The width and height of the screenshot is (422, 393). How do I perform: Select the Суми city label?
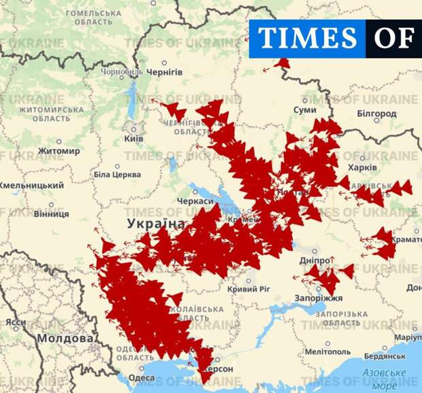click(x=304, y=109)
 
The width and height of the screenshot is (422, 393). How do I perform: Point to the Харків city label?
click(x=362, y=167)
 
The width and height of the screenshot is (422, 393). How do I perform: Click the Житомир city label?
click(x=59, y=151)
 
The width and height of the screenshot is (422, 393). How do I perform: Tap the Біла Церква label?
click(x=116, y=175)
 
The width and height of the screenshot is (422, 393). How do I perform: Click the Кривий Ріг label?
click(x=248, y=289)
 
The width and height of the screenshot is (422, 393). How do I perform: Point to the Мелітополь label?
click(x=328, y=352)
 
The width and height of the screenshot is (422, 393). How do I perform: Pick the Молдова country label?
click(x=65, y=338)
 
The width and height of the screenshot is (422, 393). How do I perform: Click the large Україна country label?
click(x=156, y=224)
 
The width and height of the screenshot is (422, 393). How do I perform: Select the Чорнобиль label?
click(x=122, y=71)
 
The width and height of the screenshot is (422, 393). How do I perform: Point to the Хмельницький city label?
click(x=31, y=185)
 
